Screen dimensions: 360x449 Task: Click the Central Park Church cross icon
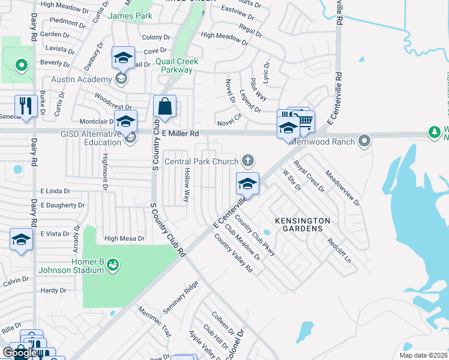click(x=247, y=160)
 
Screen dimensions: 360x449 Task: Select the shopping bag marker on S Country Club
click(x=164, y=107)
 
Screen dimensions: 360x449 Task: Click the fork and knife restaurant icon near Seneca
click(x=26, y=106)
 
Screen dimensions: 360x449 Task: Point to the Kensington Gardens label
click(x=303, y=224)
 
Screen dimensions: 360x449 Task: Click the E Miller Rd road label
click(x=178, y=133)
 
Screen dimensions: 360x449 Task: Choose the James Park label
click(x=130, y=16)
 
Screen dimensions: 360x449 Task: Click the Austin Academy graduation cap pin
click(x=122, y=59)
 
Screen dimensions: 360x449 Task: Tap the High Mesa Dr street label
click(x=124, y=238)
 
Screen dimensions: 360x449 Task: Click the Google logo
click(x=20, y=353)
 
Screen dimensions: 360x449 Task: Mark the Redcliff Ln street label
click(x=339, y=246)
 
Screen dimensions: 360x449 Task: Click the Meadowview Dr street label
click(x=342, y=189)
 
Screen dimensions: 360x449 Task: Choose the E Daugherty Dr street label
click(x=62, y=205)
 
